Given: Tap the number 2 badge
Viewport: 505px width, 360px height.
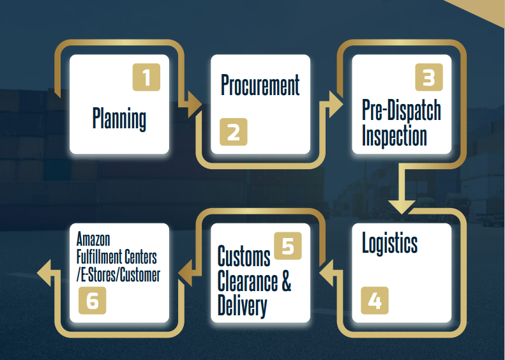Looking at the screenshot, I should click(x=233, y=132).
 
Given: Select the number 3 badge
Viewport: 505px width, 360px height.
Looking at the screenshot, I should click(x=428, y=77).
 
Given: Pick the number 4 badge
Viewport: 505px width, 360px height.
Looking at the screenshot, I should click(x=375, y=300).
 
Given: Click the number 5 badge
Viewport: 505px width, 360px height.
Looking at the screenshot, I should click(x=287, y=246).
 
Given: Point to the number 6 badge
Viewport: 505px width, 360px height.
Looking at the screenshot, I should click(x=93, y=300).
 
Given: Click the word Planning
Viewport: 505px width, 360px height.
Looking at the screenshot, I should click(x=119, y=119).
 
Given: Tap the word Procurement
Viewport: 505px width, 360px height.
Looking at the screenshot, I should click(x=260, y=85).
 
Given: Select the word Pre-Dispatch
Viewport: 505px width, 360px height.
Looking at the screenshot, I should click(x=401, y=110).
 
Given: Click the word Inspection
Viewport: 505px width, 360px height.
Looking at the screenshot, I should click(x=394, y=135).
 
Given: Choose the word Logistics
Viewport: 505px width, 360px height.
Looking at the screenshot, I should click(x=389, y=244).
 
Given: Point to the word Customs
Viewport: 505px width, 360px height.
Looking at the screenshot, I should click(x=244, y=257).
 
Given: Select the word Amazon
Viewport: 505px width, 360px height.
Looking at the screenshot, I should click(x=93, y=240).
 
